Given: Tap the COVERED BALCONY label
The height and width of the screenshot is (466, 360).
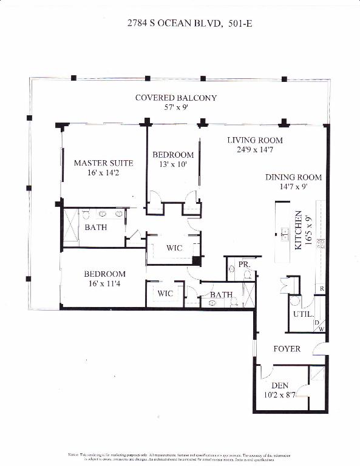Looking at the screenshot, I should [175, 98].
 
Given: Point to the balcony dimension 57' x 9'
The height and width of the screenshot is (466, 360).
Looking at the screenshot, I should [175, 108].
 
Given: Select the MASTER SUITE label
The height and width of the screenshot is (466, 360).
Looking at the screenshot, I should [103, 163].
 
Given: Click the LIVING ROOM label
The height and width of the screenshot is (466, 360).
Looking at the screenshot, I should [255, 140].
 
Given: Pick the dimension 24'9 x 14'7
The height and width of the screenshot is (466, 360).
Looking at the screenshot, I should [255, 150].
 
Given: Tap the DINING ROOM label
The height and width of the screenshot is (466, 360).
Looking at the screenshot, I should [293, 178].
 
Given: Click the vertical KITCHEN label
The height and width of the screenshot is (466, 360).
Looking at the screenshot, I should [298, 231].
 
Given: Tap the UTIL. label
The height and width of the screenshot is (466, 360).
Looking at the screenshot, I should [303, 315].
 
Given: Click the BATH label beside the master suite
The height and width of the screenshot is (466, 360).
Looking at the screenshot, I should [96, 228].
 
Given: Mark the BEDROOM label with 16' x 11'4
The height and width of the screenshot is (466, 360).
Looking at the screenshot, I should [104, 274].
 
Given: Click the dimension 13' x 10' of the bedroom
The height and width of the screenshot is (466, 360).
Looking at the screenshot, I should [173, 164].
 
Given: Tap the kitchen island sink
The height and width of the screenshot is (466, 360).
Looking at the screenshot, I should [284, 232].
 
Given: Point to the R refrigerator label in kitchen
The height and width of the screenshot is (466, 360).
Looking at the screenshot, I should [322, 289].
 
